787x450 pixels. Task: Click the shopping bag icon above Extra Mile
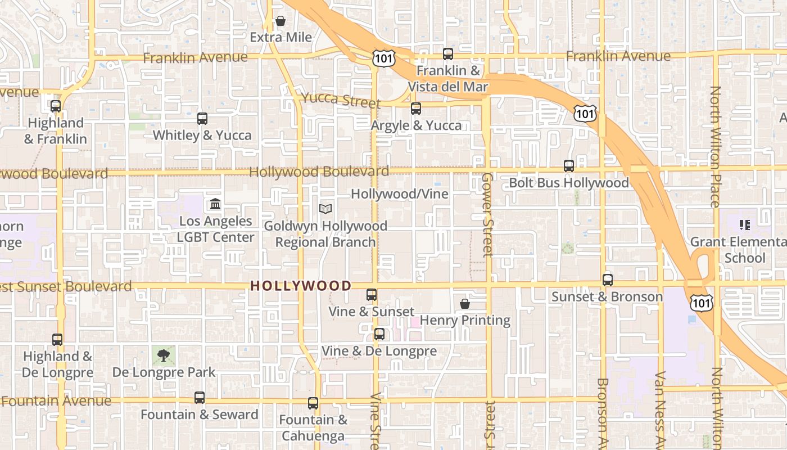280,21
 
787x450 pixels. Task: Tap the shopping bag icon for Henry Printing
465,304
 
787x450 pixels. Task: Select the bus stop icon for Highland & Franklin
56,106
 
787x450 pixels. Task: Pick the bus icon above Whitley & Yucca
202,119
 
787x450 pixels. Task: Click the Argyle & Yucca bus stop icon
416,109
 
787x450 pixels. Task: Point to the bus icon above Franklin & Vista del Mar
448,54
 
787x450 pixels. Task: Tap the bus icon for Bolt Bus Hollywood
569,166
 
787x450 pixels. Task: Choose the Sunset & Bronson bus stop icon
608,280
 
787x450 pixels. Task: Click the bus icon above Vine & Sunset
372,295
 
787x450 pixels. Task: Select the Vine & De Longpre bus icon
379,334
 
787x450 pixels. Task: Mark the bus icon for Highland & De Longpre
57,340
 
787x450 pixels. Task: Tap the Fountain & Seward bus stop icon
200,398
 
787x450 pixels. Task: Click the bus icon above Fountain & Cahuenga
313,403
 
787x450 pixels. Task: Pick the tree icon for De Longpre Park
164,355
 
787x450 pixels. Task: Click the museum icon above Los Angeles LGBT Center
215,204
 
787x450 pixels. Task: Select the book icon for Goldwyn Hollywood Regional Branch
325,209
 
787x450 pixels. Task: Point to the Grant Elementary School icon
745,226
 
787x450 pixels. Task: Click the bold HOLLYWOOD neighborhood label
301,286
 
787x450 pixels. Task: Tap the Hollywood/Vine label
400,194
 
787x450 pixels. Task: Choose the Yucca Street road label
341,100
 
